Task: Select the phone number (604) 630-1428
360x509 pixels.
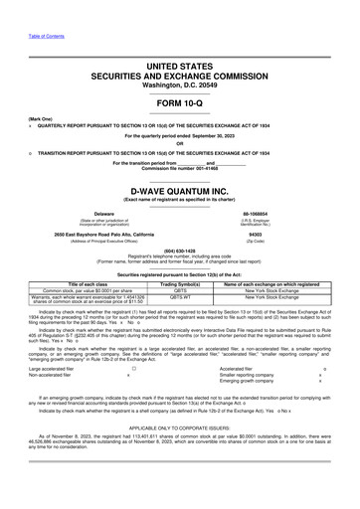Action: click(x=180, y=251)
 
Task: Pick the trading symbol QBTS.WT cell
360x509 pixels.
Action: click(x=180, y=296)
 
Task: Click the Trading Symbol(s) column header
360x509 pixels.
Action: click(x=180, y=283)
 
